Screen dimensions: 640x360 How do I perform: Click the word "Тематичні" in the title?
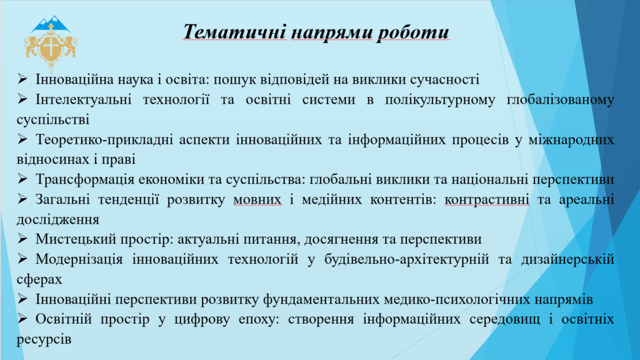(x=235, y=32)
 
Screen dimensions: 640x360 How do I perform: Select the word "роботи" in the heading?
(x=413, y=32)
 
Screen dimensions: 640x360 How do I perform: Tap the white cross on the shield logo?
(x=51, y=47)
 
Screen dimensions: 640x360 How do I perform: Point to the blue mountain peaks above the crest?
(x=51, y=24)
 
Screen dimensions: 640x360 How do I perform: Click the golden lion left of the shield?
(x=32, y=47)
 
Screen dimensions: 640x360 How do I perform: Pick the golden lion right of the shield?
(x=70, y=47)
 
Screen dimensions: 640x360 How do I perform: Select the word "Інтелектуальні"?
(x=83, y=99)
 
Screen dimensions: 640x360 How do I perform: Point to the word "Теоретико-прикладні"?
(x=104, y=140)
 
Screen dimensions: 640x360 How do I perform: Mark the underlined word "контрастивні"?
(x=486, y=199)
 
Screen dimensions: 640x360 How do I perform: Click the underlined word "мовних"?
(x=257, y=199)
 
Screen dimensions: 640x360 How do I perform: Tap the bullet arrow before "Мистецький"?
(x=22, y=238)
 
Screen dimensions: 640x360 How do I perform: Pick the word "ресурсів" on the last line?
(x=44, y=339)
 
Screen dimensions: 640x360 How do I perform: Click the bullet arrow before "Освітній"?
(x=22, y=318)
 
